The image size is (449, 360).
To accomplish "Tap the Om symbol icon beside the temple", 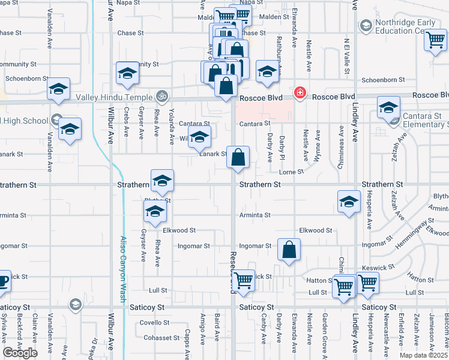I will [161, 95].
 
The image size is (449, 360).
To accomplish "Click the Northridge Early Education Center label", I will [405, 28].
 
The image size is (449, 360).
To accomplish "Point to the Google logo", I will [20, 353].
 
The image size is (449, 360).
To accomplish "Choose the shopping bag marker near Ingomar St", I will [289, 249].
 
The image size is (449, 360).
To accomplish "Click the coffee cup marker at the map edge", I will [3, 280].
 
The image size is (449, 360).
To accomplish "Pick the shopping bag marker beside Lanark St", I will [238, 158].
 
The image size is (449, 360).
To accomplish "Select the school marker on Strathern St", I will [161, 181].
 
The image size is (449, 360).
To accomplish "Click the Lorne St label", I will [292, 172].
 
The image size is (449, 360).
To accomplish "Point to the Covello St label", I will [156, 322].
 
